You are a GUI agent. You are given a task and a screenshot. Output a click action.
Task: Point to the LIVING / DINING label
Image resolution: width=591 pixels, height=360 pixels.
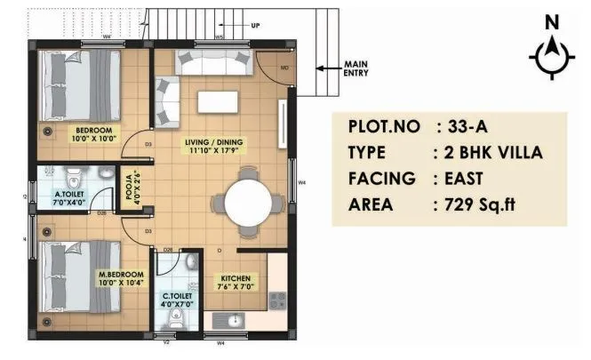click(x=217, y=145)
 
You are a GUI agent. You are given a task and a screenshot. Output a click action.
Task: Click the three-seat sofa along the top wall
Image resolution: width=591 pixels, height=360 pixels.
click(x=213, y=62)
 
